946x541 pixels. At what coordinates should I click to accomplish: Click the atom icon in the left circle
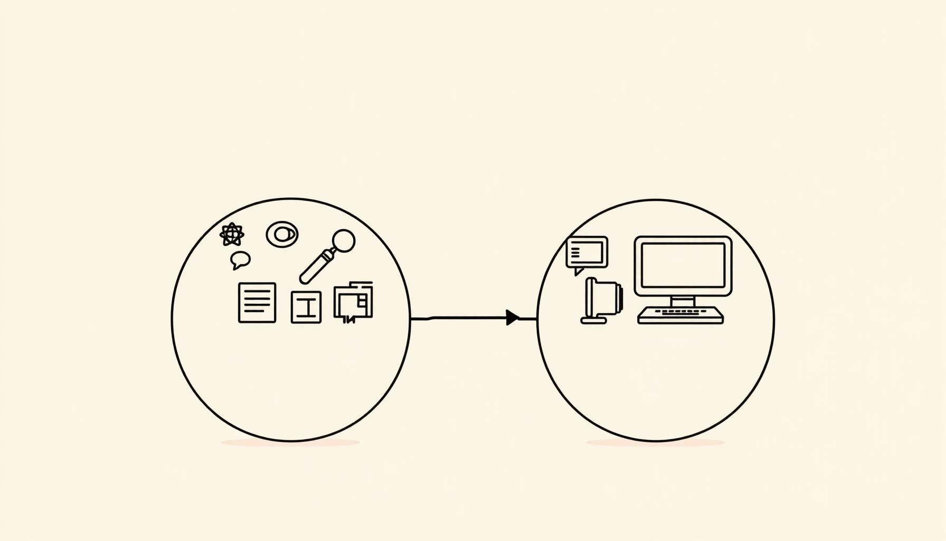coord(232,235)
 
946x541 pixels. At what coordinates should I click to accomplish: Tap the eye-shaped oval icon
coord(282,234)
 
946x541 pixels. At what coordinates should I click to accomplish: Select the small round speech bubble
coord(240,259)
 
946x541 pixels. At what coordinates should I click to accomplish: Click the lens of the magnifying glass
coord(344,240)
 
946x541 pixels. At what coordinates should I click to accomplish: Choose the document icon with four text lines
coord(257,303)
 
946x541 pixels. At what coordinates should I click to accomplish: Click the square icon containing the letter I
coord(306,307)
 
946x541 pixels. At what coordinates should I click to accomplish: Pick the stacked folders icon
coord(353,301)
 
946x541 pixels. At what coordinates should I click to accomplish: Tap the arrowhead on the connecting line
coord(512,318)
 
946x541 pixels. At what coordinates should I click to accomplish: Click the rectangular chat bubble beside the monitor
coord(587,252)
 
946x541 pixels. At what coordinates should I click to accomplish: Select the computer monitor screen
coord(683,265)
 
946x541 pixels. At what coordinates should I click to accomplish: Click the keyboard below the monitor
coord(680,315)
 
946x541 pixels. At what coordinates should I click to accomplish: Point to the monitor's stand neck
coord(683,301)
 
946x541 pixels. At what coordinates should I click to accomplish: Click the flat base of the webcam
coord(593,321)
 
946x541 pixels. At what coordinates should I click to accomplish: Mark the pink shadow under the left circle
coord(291,443)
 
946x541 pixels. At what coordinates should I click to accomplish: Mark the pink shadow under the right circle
coord(656,443)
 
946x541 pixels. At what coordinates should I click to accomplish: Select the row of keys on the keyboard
coord(680,312)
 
